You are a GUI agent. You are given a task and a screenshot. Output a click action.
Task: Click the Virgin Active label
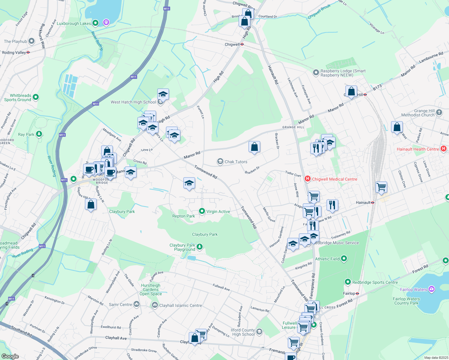click(x=218, y=211)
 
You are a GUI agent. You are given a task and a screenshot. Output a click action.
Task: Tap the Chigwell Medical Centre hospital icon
click(x=307, y=179)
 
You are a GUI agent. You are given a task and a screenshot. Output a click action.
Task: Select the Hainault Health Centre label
click(x=418, y=149)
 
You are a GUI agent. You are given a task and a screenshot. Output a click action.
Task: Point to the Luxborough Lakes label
click(x=74, y=23)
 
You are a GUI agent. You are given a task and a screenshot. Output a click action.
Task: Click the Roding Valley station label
click(x=14, y=52)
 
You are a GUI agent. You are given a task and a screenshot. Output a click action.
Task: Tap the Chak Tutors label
click(x=236, y=162)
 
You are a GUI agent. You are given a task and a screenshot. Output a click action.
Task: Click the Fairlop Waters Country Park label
click(x=406, y=301)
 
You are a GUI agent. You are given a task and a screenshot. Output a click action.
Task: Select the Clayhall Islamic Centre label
click(x=180, y=305)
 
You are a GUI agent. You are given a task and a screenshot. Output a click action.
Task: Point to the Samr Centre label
click(x=120, y=304)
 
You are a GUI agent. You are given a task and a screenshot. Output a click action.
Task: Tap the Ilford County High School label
click(x=243, y=332)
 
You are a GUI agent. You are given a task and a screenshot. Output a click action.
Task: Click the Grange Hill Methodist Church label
click(x=418, y=113)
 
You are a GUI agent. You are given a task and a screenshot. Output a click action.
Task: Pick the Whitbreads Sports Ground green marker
click(x=36, y=97)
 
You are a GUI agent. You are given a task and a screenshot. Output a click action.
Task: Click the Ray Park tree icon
click(x=39, y=134)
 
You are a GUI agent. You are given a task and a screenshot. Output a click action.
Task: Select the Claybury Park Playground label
click(x=182, y=247)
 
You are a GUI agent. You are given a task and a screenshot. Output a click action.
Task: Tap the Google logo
click(x=10, y=356)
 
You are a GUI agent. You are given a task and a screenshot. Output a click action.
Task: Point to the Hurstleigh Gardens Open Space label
click(x=151, y=289)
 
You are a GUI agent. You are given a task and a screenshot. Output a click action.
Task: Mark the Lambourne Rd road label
click(x=431, y=57)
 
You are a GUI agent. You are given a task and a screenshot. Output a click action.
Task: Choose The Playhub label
click(x=15, y=41)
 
